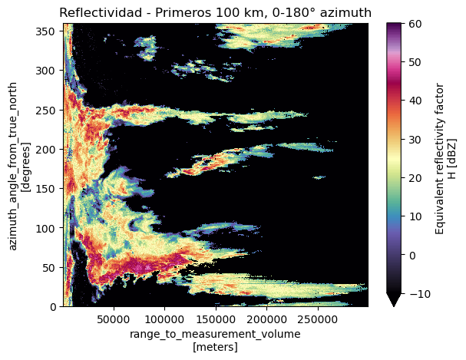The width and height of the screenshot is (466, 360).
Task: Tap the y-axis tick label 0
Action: pos(54,307)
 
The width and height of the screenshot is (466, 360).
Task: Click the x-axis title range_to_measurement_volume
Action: pos(216,335)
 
